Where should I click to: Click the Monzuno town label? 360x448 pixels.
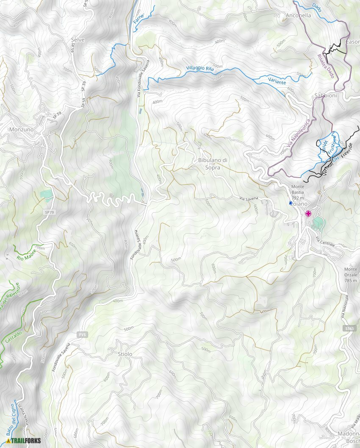click(22, 129)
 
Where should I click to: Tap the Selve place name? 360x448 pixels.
click(78, 39)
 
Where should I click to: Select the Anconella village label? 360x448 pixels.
click(299, 15)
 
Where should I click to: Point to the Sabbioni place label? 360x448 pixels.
click(325, 96)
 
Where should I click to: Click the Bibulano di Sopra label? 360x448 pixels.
click(213, 164)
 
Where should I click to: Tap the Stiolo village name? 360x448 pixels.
click(125, 354)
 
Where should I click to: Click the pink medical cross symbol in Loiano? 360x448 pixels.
click(308, 213)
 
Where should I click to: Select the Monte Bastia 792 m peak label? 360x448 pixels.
click(298, 192)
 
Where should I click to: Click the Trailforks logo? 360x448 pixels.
click(24, 440)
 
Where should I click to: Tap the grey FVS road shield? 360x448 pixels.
click(82, 335)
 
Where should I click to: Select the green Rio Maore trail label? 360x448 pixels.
click(26, 255)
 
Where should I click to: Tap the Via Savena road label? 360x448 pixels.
click(249, 199)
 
